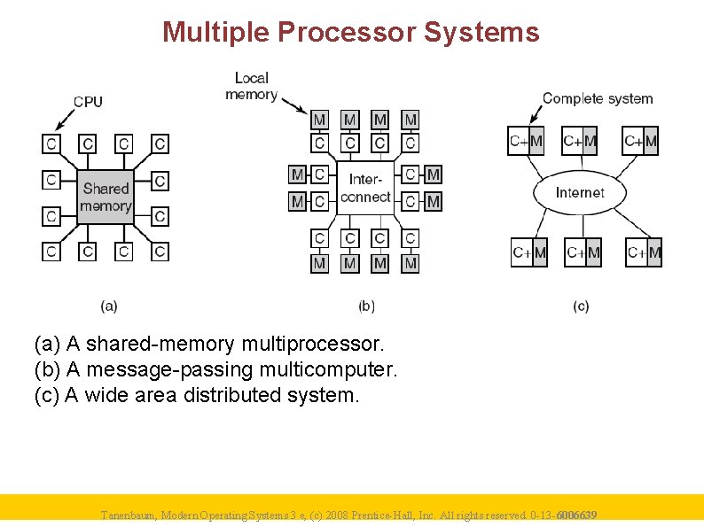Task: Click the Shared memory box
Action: [x=106, y=197]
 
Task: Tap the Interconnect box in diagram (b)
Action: [x=365, y=189]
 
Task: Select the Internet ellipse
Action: [x=580, y=192]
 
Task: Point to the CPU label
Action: [x=88, y=101]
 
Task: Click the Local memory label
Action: [x=251, y=86]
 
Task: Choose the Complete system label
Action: [x=597, y=98]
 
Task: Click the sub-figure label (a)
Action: [x=109, y=306]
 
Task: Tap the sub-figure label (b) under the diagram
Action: [x=366, y=306]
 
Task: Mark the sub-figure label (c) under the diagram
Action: [x=581, y=306]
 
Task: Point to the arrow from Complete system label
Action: [x=535, y=113]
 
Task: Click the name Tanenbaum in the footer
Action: [x=129, y=515]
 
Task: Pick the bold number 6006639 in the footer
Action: [x=575, y=515]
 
